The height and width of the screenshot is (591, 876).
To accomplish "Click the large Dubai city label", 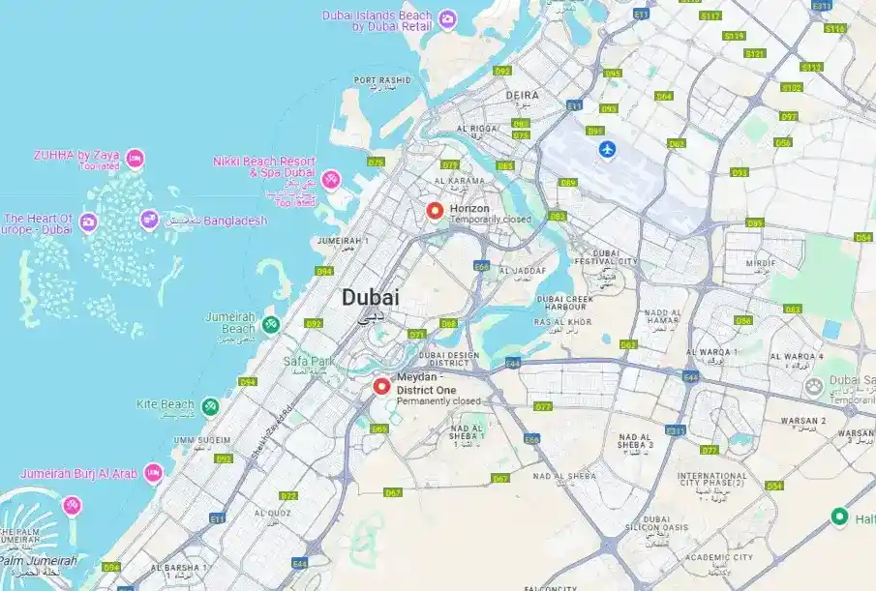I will (x=370, y=298).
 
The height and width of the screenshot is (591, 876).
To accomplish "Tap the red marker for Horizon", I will (x=435, y=211).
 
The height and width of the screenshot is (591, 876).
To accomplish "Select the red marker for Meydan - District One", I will (x=381, y=387).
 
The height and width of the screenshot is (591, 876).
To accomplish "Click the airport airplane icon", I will (x=607, y=149).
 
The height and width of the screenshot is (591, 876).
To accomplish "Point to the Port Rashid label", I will (x=383, y=80).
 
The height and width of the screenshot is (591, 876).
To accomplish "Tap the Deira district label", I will (x=522, y=96).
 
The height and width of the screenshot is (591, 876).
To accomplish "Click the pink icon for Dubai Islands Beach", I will (x=447, y=18).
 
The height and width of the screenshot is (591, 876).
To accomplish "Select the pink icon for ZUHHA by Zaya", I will (x=135, y=157).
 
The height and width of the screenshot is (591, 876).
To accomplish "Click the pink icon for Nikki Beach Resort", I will (x=331, y=179).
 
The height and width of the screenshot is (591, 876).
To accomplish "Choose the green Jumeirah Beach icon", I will (x=272, y=322).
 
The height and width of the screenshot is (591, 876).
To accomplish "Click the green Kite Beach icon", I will (x=210, y=404).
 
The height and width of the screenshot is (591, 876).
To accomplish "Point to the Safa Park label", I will (x=308, y=362).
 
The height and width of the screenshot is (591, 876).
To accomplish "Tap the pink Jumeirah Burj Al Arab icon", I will (x=153, y=472).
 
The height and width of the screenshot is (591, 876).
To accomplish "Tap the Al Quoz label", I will (x=273, y=513).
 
